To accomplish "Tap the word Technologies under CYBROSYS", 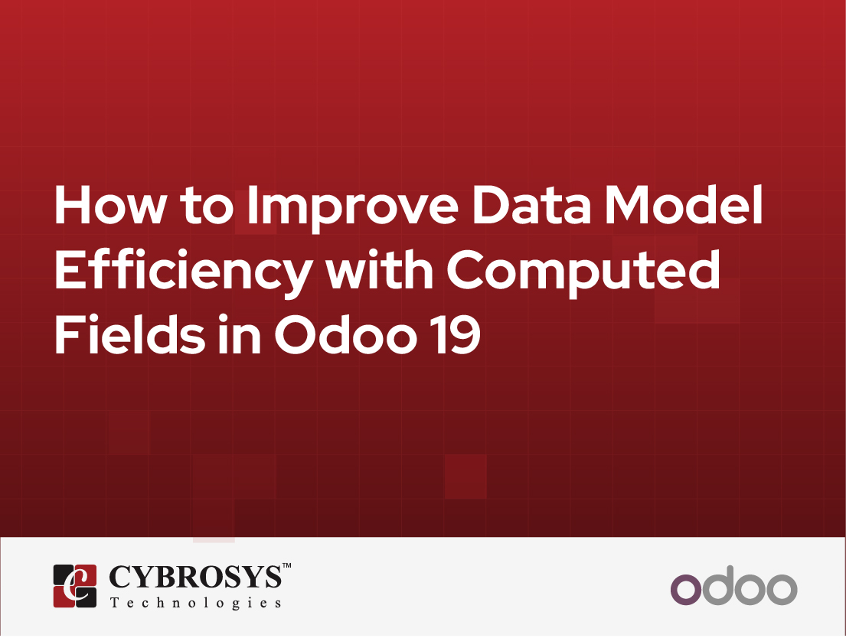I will (195, 603).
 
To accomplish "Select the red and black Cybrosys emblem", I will (75, 586).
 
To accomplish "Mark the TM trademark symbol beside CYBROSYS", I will (286, 567).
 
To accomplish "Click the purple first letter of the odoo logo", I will (686, 589).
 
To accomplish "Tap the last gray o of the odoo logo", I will (782, 589).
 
